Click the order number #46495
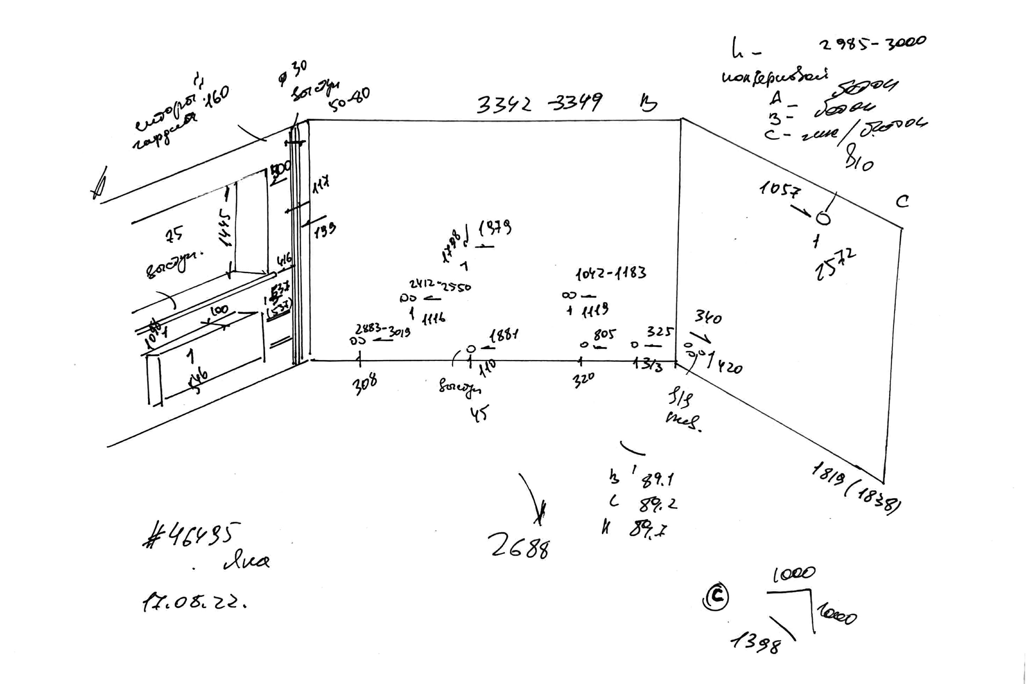(x=192, y=535)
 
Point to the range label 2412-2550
(x=440, y=286)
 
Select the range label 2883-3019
(x=383, y=330)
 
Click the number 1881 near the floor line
(x=504, y=336)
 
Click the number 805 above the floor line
(x=604, y=335)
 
